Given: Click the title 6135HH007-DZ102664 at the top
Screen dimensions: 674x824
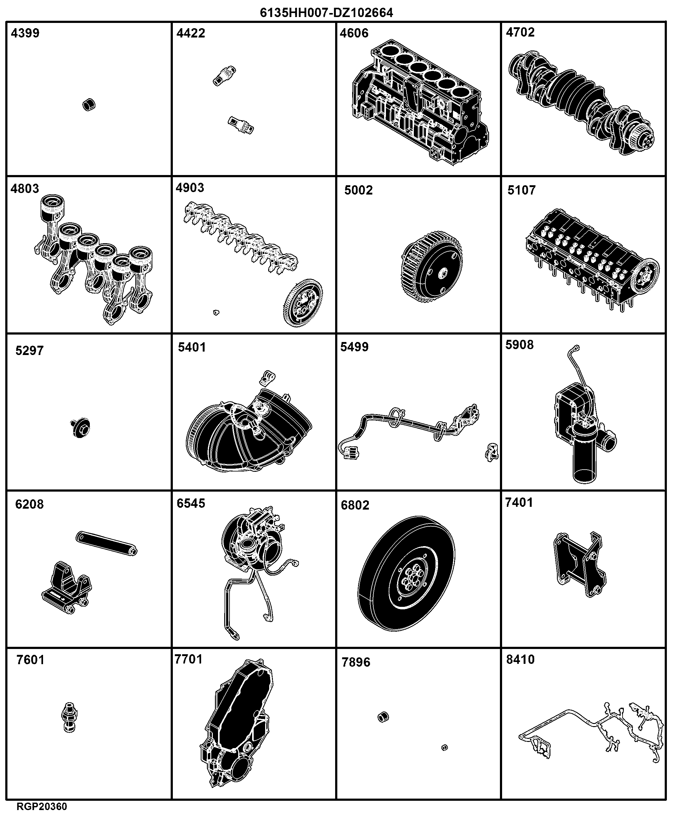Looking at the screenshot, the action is [326, 13].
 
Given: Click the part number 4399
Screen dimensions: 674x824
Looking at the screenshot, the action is [25, 33].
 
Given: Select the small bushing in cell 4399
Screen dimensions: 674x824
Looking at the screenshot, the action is [89, 104].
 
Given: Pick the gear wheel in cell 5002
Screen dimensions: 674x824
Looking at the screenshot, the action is [432, 267].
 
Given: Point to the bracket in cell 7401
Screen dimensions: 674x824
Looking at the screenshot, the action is [579, 565].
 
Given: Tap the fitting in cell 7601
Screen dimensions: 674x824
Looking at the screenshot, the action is [69, 717].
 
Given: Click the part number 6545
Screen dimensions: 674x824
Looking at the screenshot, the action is [190, 503].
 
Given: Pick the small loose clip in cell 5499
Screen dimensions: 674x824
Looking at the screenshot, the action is [492, 452].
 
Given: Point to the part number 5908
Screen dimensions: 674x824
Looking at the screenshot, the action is [519, 345].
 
